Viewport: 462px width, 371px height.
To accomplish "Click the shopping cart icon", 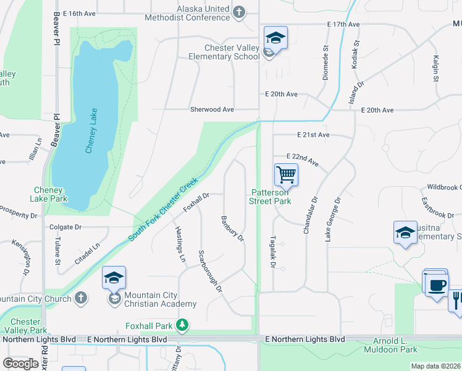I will (286, 174).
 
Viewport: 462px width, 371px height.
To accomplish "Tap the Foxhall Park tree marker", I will (182, 325).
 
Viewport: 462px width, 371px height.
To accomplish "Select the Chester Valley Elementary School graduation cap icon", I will (275, 37).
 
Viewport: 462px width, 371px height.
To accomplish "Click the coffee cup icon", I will (437, 285).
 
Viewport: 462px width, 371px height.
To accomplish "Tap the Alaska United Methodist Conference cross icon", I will (238, 11).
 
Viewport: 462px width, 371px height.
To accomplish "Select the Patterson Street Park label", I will (270, 197).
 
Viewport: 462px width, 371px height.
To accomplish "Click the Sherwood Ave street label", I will (212, 109).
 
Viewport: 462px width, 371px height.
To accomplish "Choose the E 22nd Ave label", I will (302, 160).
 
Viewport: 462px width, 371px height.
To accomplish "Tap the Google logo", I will (20, 364).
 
